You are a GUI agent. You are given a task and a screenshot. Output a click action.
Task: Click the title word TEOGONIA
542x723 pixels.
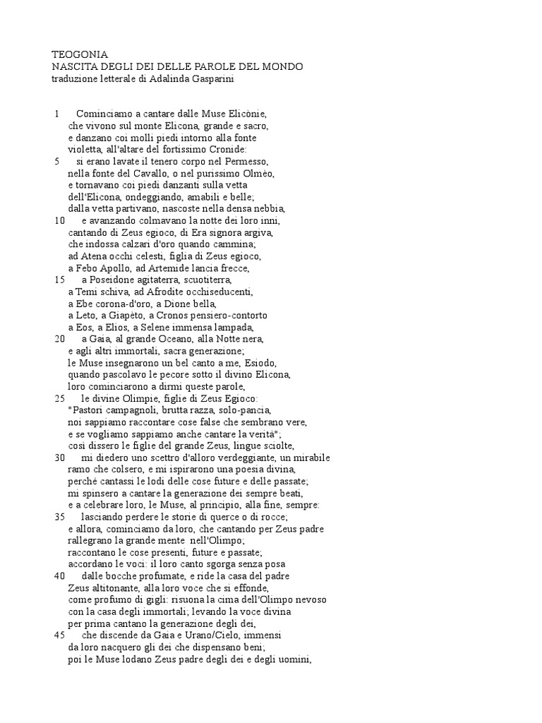(x=80, y=54)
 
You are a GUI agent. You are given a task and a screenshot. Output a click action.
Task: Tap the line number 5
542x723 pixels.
(x=56, y=161)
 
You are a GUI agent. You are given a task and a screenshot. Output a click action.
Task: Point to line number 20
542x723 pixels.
(x=59, y=339)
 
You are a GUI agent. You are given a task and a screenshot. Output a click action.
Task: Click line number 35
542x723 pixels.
(x=59, y=517)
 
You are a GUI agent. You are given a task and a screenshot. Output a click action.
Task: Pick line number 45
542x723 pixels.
(x=59, y=635)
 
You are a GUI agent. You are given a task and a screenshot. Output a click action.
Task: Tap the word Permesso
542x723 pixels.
(x=248, y=161)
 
